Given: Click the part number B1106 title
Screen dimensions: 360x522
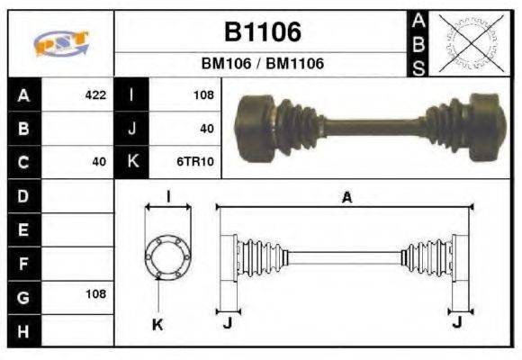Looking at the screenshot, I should pos(262,32).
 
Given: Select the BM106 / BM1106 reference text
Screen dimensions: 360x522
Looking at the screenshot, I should pos(262,65).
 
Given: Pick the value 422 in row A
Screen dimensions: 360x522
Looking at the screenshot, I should pos(95,95).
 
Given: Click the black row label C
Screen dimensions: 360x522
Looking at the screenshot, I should pos(24,162).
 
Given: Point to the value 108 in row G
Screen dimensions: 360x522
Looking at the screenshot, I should pos(95,294).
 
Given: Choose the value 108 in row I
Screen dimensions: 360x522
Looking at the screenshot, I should pos(202,95).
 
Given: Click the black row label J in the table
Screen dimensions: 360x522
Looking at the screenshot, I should pos(132,129).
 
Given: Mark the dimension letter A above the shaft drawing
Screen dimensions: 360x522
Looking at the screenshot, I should pos(346,197).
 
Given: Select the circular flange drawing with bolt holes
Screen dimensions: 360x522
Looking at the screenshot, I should pos(167,256).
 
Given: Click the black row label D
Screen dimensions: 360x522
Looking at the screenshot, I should pos(24,195).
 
